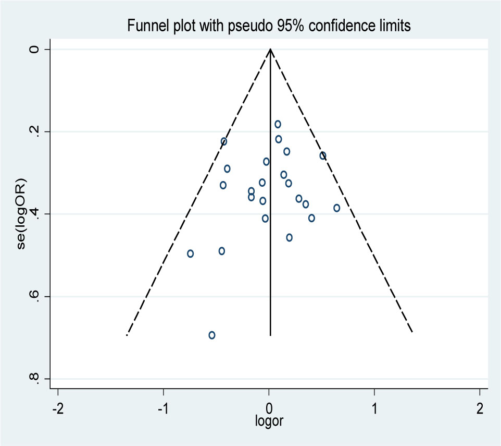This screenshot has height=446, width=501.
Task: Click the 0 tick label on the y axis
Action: (35, 50)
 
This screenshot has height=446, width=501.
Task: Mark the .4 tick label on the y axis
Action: (35, 213)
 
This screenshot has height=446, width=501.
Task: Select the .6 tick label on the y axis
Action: (35, 296)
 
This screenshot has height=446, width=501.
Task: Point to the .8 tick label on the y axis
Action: (35, 378)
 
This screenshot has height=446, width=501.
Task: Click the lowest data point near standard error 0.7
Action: (212, 335)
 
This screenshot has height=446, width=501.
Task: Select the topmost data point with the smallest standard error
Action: (278, 124)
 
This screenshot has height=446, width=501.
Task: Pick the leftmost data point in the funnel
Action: (191, 254)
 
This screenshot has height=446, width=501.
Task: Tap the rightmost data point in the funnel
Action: (337, 208)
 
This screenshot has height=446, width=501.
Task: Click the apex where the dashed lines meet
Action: (270, 50)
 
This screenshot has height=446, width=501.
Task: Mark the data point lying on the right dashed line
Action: (323, 155)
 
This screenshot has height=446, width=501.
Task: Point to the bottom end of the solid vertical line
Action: (270, 335)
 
